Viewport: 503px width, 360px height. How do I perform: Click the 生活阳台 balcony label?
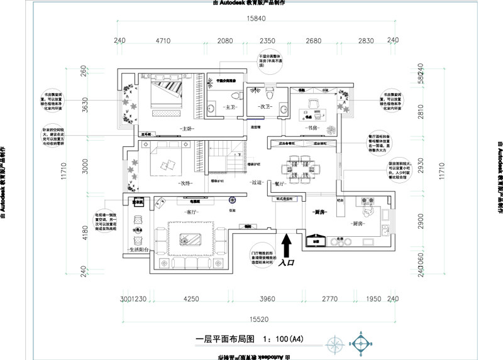[x=138, y=250]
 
